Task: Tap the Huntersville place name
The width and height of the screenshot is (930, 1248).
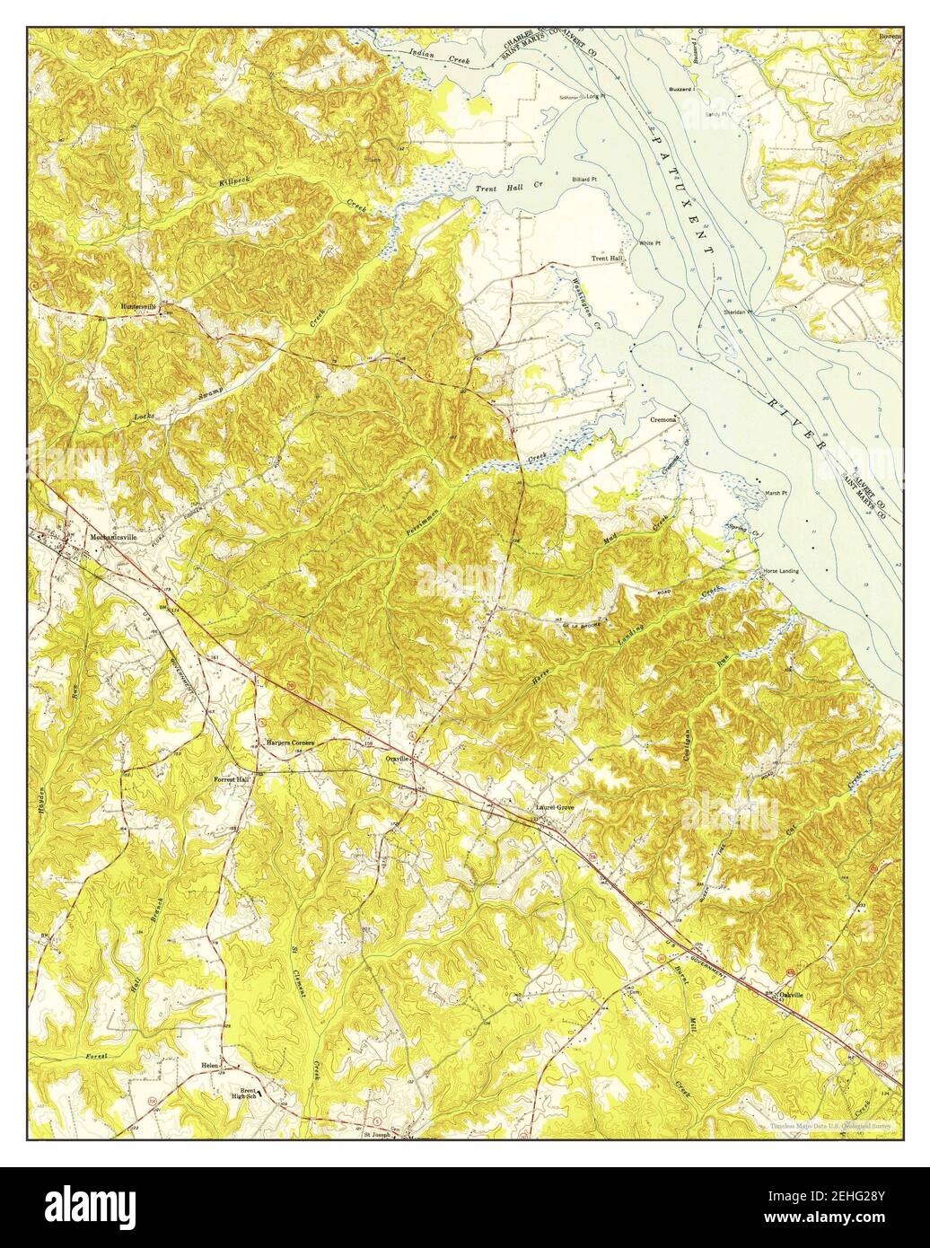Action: pyautogui.click(x=138, y=306)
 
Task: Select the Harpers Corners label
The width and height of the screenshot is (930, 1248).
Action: pyautogui.click(x=289, y=743)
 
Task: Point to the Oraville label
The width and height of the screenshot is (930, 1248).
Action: pyautogui.click(x=397, y=759)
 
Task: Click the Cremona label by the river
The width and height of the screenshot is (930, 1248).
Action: pyautogui.click(x=662, y=418)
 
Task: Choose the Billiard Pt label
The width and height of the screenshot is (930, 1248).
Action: pyautogui.click(x=582, y=180)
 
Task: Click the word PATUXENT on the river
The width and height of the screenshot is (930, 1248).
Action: pyautogui.click(x=682, y=193)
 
